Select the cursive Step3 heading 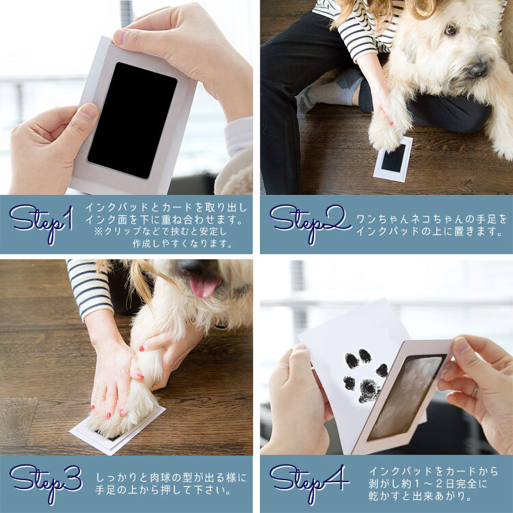(46, 484)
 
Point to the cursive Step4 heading (309, 484)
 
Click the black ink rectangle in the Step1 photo (133, 120)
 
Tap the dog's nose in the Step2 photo (479, 68)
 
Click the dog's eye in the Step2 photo (451, 30)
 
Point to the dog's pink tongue (204, 287)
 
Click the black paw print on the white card (365, 376)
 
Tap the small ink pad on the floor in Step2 (393, 159)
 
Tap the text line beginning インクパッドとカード (166, 207)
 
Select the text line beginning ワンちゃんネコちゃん (432, 219)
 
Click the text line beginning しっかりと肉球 (170, 477)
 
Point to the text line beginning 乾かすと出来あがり (420, 496)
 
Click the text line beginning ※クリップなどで (161, 231)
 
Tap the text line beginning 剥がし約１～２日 (428, 483)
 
